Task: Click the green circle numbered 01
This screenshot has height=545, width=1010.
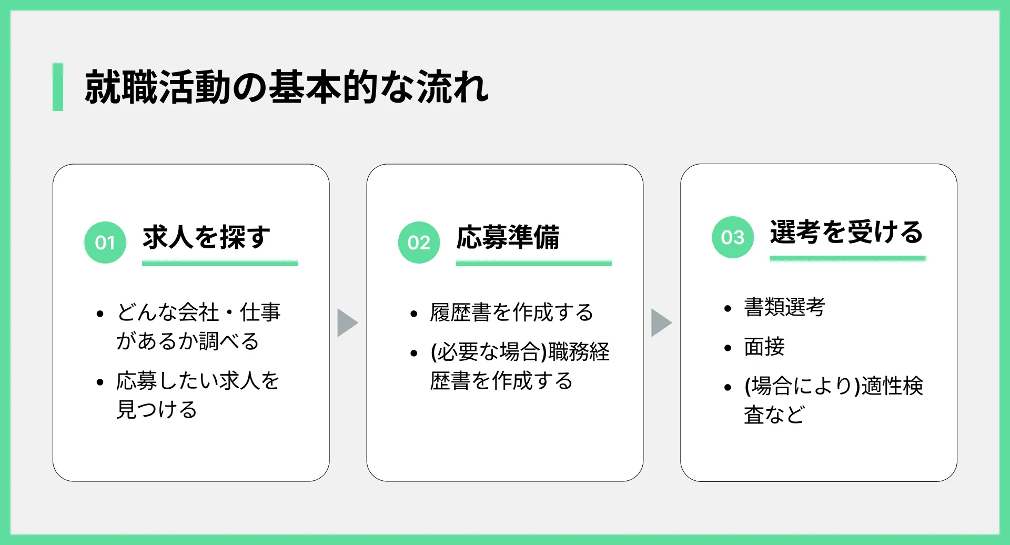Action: [x=105, y=243]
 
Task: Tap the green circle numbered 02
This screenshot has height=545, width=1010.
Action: [x=419, y=243]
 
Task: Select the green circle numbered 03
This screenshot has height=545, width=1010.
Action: [x=733, y=237]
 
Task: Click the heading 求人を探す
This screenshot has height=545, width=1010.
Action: [x=206, y=237]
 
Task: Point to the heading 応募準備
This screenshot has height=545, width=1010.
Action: [x=508, y=237]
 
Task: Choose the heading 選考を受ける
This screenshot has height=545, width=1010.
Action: [x=846, y=231]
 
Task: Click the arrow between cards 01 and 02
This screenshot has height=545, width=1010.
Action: [x=348, y=322]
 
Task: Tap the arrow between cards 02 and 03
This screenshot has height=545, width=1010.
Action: [x=662, y=322]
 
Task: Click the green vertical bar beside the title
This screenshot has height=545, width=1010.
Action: [x=58, y=87]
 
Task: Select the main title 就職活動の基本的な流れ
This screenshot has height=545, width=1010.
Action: [x=287, y=87]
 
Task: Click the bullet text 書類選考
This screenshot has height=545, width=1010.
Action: [x=784, y=307]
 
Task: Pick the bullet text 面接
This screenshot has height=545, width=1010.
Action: [x=764, y=347]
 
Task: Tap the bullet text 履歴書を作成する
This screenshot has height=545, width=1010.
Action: [x=511, y=312]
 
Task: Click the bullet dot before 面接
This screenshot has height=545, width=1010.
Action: [x=728, y=348]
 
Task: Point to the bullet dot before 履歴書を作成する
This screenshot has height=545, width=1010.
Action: [x=414, y=314]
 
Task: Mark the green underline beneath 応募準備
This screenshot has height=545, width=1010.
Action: [x=534, y=263]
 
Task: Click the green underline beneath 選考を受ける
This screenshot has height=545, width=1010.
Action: [x=847, y=258]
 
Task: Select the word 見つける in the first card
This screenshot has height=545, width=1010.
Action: [x=157, y=410]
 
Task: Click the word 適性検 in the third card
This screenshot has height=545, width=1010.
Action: [x=892, y=386]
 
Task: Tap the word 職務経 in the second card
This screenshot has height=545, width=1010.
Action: [x=579, y=352]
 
